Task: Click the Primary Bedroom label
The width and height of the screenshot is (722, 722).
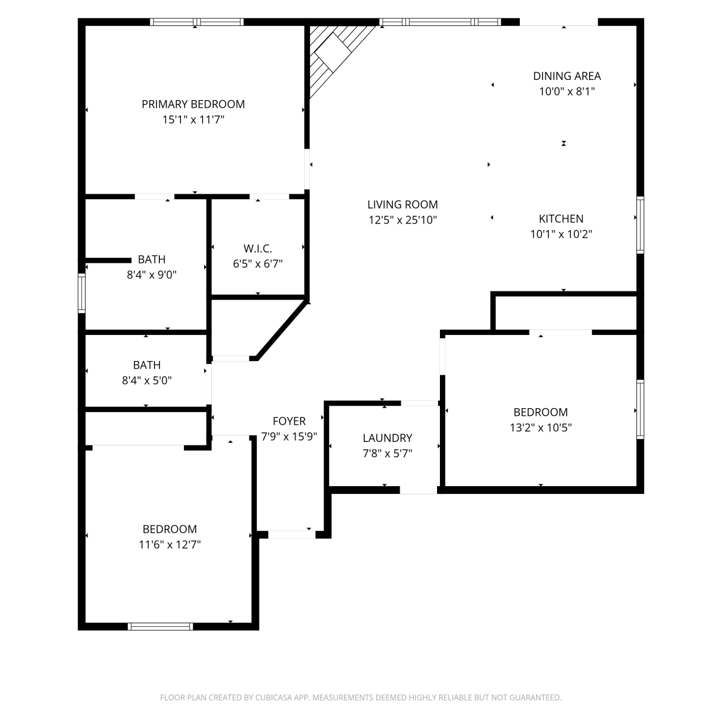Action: pos(193,104)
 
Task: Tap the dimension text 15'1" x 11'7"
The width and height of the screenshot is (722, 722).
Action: pos(193,119)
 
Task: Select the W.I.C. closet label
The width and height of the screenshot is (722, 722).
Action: pos(258,248)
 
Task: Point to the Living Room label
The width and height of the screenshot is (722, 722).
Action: pos(402,205)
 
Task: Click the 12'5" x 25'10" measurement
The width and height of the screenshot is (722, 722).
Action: pos(402,220)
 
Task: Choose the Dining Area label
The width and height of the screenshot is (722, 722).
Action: pos(567,76)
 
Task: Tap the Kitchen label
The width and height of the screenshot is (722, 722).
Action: pos(561,219)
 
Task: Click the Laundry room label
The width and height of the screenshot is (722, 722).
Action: pos(387,438)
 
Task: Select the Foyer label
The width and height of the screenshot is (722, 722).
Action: pos(289,421)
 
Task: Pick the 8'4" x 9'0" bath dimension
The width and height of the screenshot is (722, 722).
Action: pos(152,275)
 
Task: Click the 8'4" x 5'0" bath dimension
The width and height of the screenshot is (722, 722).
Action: pos(147,380)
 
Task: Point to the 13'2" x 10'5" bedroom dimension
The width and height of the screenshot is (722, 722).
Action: pos(541,427)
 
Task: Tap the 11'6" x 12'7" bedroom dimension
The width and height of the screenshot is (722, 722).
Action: pos(169,544)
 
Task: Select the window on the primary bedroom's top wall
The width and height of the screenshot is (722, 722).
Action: pos(197,22)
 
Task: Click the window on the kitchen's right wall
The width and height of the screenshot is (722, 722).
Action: pos(640,225)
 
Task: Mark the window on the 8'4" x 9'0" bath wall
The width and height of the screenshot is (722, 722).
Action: pos(82,293)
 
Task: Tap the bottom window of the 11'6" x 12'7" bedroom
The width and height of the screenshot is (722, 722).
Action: pos(161,626)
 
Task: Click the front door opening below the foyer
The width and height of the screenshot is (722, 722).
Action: pos(292,534)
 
